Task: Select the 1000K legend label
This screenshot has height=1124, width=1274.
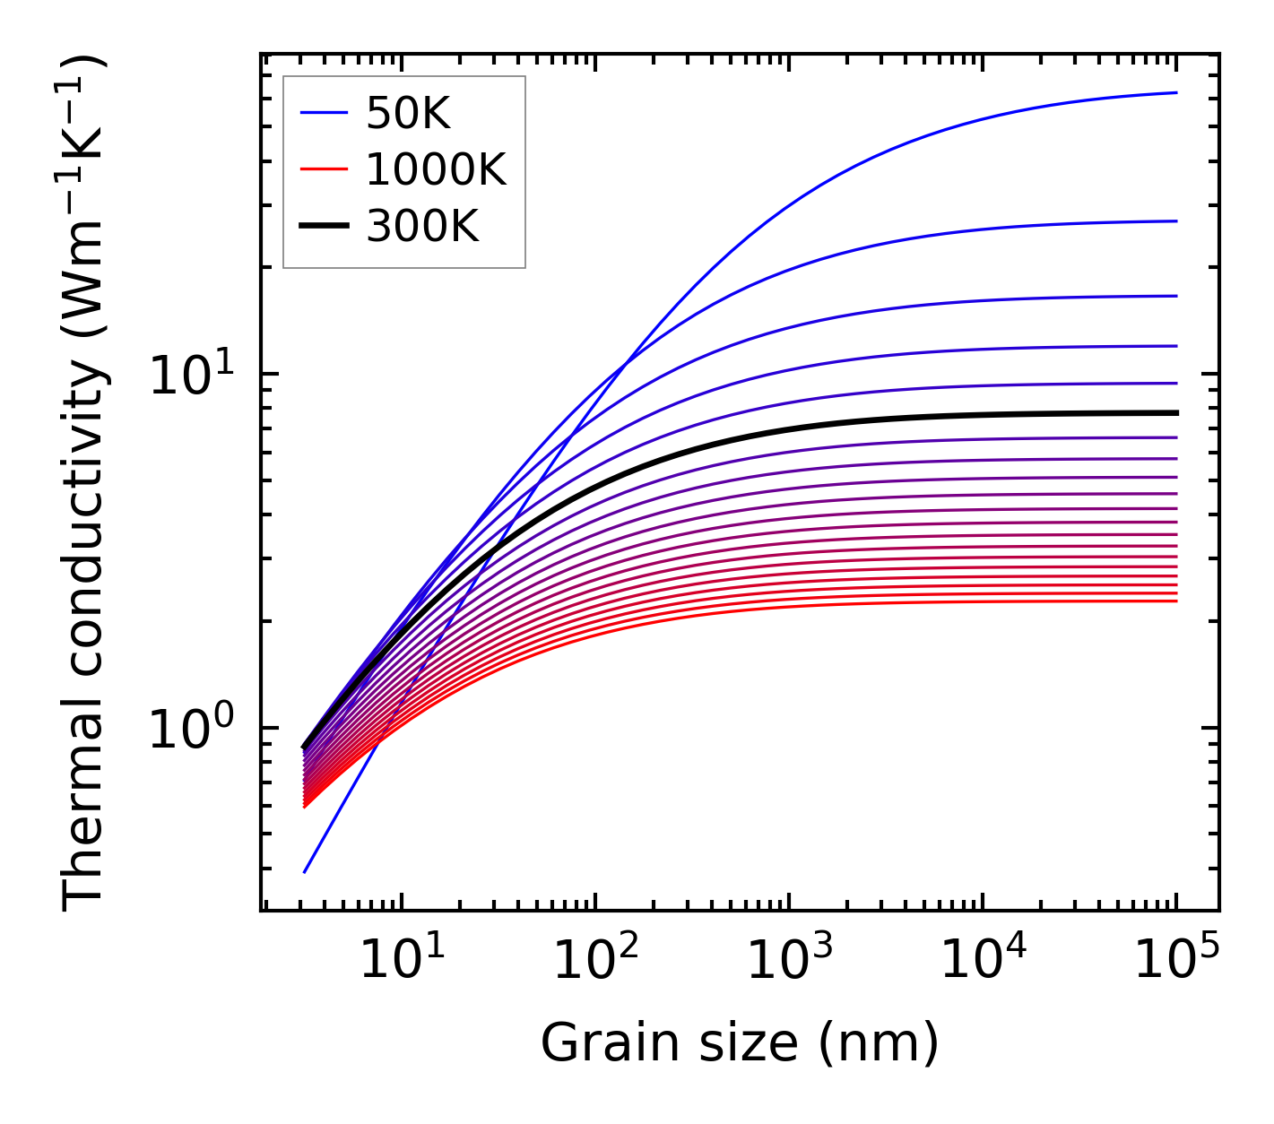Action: tap(436, 169)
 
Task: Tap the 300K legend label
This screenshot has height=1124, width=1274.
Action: tap(422, 227)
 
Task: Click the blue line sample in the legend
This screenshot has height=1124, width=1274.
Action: tap(323, 113)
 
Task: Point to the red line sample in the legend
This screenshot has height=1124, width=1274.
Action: tap(323, 169)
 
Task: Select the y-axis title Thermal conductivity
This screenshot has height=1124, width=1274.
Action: tap(85, 484)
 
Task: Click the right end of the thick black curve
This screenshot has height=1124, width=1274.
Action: tap(1175, 412)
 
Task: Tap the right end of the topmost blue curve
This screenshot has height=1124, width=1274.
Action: tap(1175, 92)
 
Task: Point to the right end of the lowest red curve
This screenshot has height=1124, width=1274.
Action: tap(1175, 601)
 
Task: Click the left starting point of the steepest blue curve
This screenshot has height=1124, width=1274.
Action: tap(306, 871)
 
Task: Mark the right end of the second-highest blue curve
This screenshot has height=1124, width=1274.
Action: tap(1175, 220)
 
